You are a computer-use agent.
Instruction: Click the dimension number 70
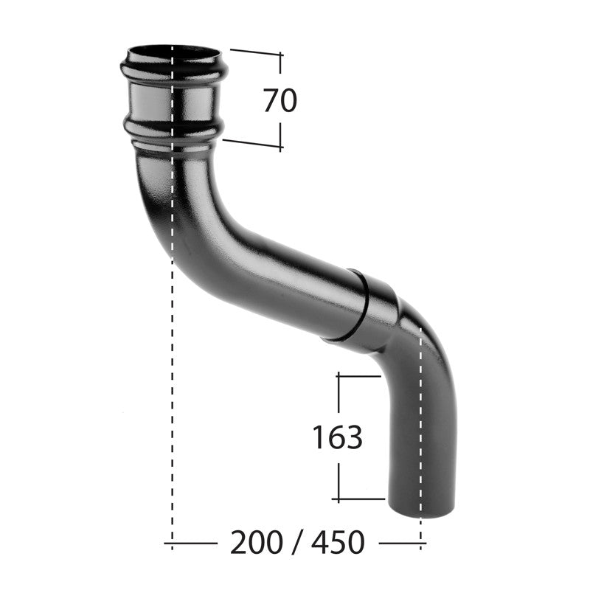(280, 100)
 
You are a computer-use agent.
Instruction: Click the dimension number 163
(337, 437)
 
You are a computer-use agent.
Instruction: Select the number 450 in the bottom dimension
(337, 543)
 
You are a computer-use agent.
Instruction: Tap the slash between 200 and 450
(296, 543)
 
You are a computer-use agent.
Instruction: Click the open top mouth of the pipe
(174, 54)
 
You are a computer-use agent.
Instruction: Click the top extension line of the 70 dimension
(255, 52)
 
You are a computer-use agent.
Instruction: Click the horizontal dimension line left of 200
(192, 544)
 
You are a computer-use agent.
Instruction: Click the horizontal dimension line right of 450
(402, 544)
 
